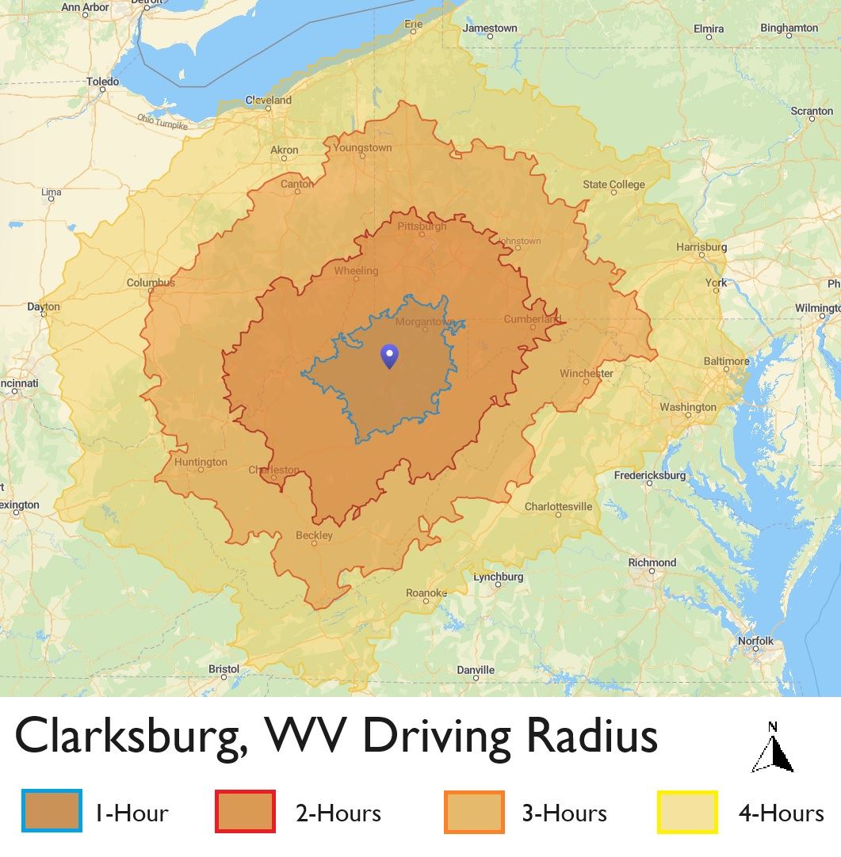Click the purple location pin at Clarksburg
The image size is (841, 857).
point(389,356)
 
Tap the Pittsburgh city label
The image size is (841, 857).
point(422,227)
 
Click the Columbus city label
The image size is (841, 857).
point(151,283)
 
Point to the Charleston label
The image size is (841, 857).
point(274,470)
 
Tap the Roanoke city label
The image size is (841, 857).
point(426,593)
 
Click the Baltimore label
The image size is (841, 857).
point(726,361)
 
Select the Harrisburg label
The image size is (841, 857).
point(701,247)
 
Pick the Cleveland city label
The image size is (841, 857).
point(269,101)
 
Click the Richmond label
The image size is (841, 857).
point(652,562)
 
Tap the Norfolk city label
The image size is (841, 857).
point(755,641)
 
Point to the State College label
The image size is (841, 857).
point(614,185)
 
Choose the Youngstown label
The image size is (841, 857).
point(362,147)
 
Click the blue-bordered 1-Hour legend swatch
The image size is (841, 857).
point(52,812)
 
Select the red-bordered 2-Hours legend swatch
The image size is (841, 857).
point(245,812)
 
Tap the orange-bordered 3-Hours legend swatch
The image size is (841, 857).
point(474,812)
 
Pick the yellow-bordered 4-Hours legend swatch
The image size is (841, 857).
point(687,812)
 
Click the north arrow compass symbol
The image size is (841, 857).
point(773,748)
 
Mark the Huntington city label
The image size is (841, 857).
point(201,462)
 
